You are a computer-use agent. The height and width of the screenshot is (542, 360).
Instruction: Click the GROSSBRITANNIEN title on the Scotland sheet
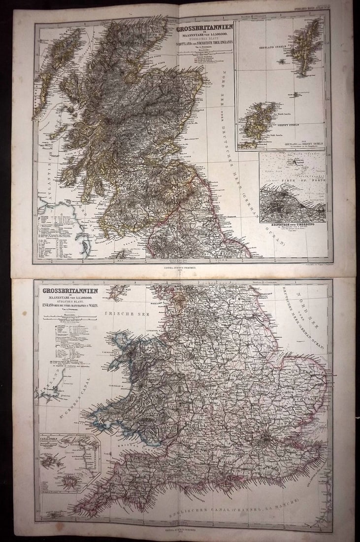202,29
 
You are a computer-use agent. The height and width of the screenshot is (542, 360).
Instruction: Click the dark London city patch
266,436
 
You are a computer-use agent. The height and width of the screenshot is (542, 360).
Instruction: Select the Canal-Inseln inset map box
69,456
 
